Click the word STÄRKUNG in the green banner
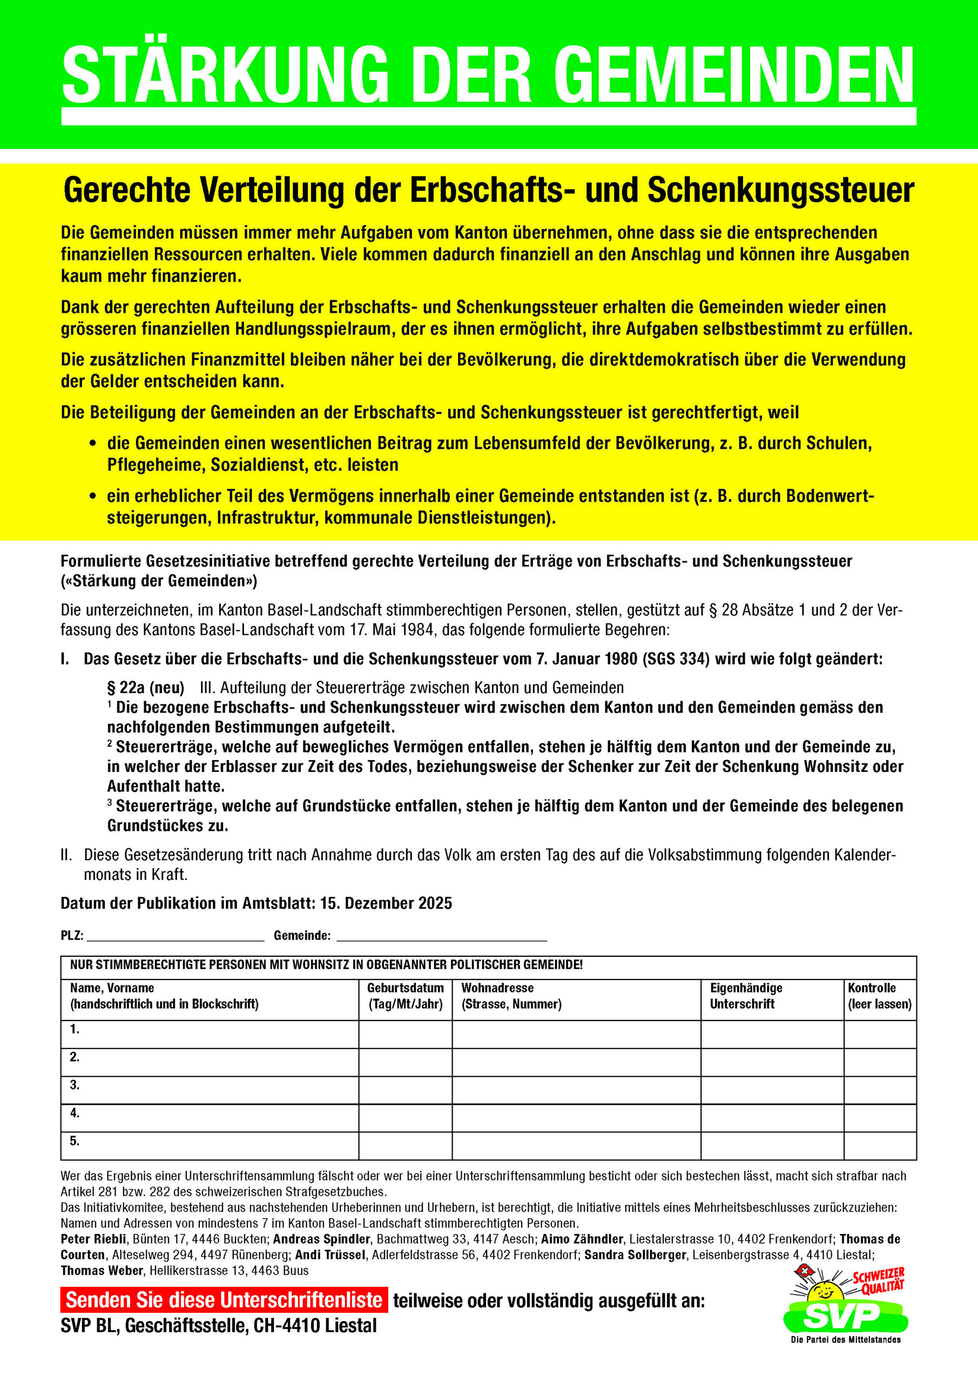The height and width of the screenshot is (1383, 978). pyautogui.click(x=225, y=75)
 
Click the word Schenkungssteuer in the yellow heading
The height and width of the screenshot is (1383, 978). pyautogui.click(x=780, y=190)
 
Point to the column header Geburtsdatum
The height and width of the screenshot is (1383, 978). pyautogui.click(x=405, y=988)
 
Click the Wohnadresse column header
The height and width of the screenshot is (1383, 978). pyautogui.click(x=497, y=988)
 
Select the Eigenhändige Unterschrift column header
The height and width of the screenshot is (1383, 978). pyautogui.click(x=746, y=996)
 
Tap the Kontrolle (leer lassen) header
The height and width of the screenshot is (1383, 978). pyautogui.click(x=879, y=996)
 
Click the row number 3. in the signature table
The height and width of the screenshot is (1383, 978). pyautogui.click(x=75, y=1085)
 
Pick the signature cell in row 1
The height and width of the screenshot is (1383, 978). pyautogui.click(x=772, y=1033)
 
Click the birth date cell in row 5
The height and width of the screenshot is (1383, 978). pyautogui.click(x=405, y=1145)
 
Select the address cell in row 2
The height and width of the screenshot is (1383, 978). pyautogui.click(x=576, y=1062)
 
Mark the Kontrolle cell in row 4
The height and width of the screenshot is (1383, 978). pyautogui.click(x=879, y=1117)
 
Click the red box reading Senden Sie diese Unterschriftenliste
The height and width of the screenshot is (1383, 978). pyautogui.click(x=224, y=1300)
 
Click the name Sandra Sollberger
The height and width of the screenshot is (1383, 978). pyautogui.click(x=635, y=1255)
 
